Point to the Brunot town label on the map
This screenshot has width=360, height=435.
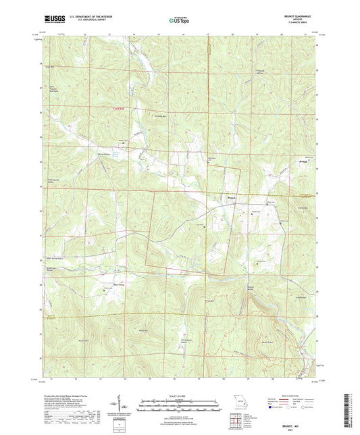[x=230, y=197]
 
